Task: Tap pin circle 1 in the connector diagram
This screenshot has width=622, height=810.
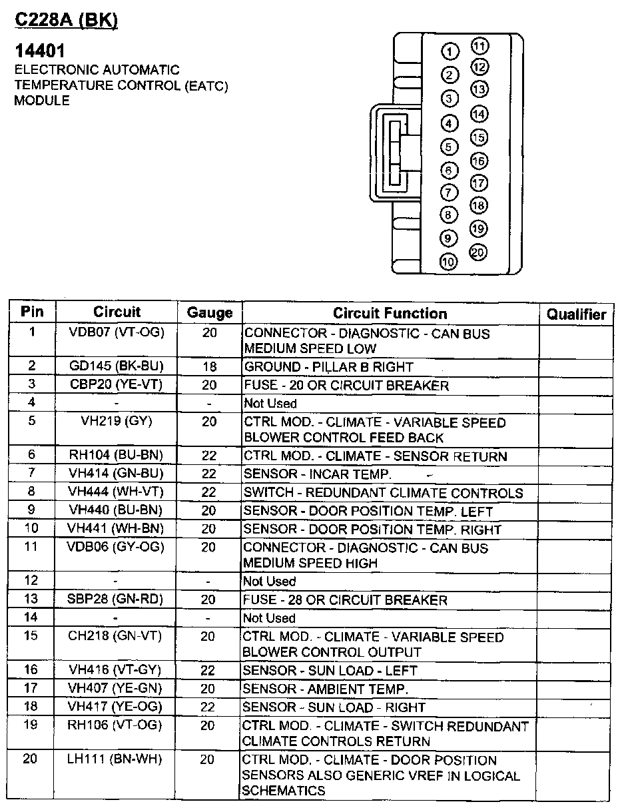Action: tap(450, 52)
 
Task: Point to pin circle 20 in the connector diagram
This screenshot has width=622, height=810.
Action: tap(479, 252)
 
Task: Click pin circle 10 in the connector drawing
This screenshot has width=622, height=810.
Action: tap(450, 262)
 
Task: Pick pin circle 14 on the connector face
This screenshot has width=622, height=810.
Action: tap(479, 114)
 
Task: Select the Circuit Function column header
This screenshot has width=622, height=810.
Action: tap(390, 313)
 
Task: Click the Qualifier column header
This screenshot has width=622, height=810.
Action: tap(576, 314)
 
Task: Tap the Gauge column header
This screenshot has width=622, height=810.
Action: tap(210, 312)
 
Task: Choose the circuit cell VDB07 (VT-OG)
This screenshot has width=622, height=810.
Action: tap(117, 332)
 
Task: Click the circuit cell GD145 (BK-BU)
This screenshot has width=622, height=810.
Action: tap(117, 366)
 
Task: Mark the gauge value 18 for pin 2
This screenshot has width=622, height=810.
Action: tap(210, 367)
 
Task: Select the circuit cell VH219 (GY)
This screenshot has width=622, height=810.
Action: tap(117, 422)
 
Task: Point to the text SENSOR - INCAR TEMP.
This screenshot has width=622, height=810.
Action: tap(317, 475)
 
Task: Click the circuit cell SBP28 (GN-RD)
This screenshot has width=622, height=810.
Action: tap(117, 600)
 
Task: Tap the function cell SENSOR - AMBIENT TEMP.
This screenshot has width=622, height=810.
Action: tap(325, 689)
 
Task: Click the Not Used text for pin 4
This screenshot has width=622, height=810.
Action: tap(270, 404)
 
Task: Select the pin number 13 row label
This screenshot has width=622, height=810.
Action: tap(31, 600)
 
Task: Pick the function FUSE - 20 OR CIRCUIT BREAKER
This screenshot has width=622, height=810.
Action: tap(346, 386)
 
